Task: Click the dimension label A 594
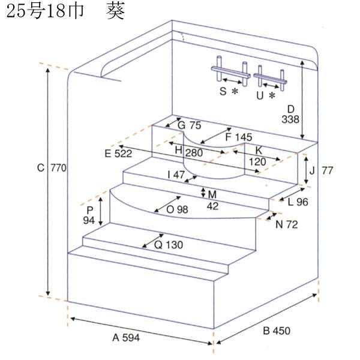click(x=126, y=338)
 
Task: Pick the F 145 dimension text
click(x=238, y=137)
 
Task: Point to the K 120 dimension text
click(x=258, y=156)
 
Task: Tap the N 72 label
click(x=287, y=224)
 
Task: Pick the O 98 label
click(x=177, y=209)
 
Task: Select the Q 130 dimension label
click(x=168, y=245)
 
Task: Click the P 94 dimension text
click(x=89, y=215)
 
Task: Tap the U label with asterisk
click(x=265, y=94)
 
